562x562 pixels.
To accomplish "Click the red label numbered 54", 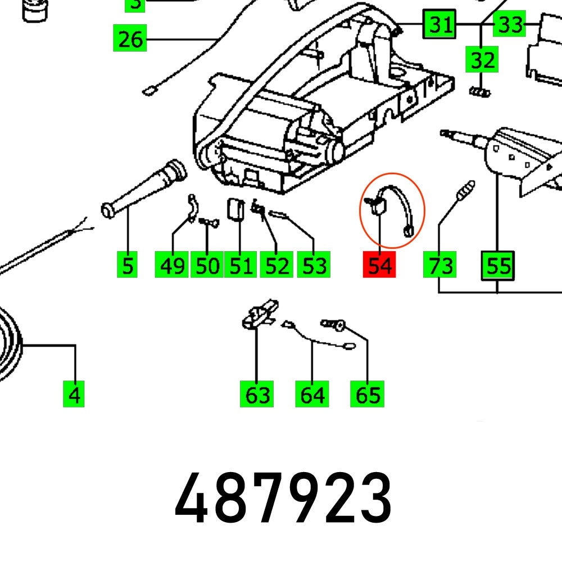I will pyautogui.click(x=379, y=265).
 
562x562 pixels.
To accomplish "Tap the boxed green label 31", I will pyautogui.click(x=439, y=25).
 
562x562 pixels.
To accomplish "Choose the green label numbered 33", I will pyautogui.click(x=510, y=25).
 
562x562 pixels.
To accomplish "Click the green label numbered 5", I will pyautogui.click(x=128, y=265).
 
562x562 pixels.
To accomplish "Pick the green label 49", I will pyautogui.click(x=172, y=265).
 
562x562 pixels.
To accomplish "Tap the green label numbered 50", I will pyautogui.click(x=207, y=265).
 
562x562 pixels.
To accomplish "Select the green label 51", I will pyautogui.click(x=241, y=265).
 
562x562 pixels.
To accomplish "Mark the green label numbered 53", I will pyautogui.click(x=313, y=265).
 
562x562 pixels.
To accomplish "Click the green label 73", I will pyautogui.click(x=439, y=265).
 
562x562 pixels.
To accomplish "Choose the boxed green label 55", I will pyautogui.click(x=498, y=265).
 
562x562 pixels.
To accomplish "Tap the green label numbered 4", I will pyautogui.click(x=74, y=395).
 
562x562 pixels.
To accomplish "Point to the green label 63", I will pyautogui.click(x=257, y=395).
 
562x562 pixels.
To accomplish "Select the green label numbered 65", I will pyautogui.click(x=368, y=395).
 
